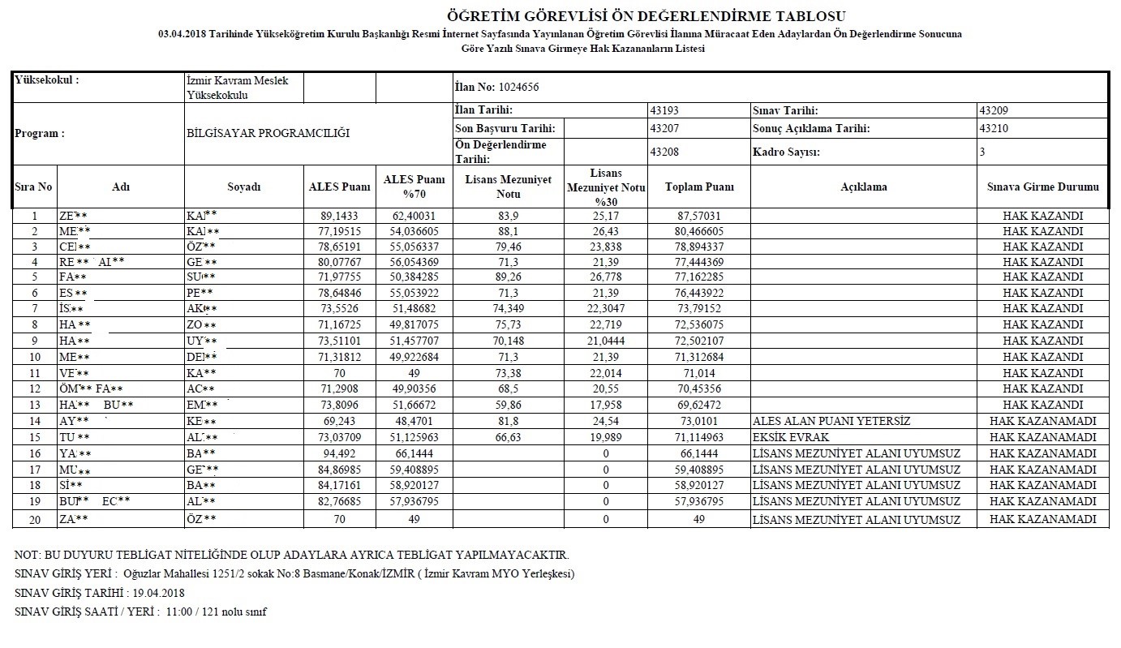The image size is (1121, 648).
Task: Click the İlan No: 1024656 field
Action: pyautogui.click(x=496, y=88)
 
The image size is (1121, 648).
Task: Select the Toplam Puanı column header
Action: pyautogui.click(x=699, y=187)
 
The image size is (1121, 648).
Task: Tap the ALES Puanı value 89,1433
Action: pyautogui.click(x=339, y=216)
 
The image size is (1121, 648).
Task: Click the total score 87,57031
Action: pyautogui.click(x=699, y=216)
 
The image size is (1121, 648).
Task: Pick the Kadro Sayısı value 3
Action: pyautogui.click(x=982, y=152)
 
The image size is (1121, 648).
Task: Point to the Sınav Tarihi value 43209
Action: pyautogui.click(x=994, y=110)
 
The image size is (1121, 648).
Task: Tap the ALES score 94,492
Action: pyautogui.click(x=339, y=453)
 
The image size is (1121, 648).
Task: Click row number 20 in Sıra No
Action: pyautogui.click(x=34, y=519)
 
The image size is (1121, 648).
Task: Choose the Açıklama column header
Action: pyautogui.click(x=864, y=187)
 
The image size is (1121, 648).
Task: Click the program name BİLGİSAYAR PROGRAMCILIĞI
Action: pyautogui.click(x=268, y=133)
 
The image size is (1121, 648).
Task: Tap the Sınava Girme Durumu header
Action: pyautogui.click(x=1043, y=187)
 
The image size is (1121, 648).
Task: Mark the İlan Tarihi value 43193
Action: pyautogui.click(x=665, y=110)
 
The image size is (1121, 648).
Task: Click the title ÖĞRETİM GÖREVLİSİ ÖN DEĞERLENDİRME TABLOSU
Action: pyautogui.click(x=646, y=16)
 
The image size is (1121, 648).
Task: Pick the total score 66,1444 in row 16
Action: pyautogui.click(x=699, y=453)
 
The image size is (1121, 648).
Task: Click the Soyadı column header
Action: pyautogui.click(x=243, y=187)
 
